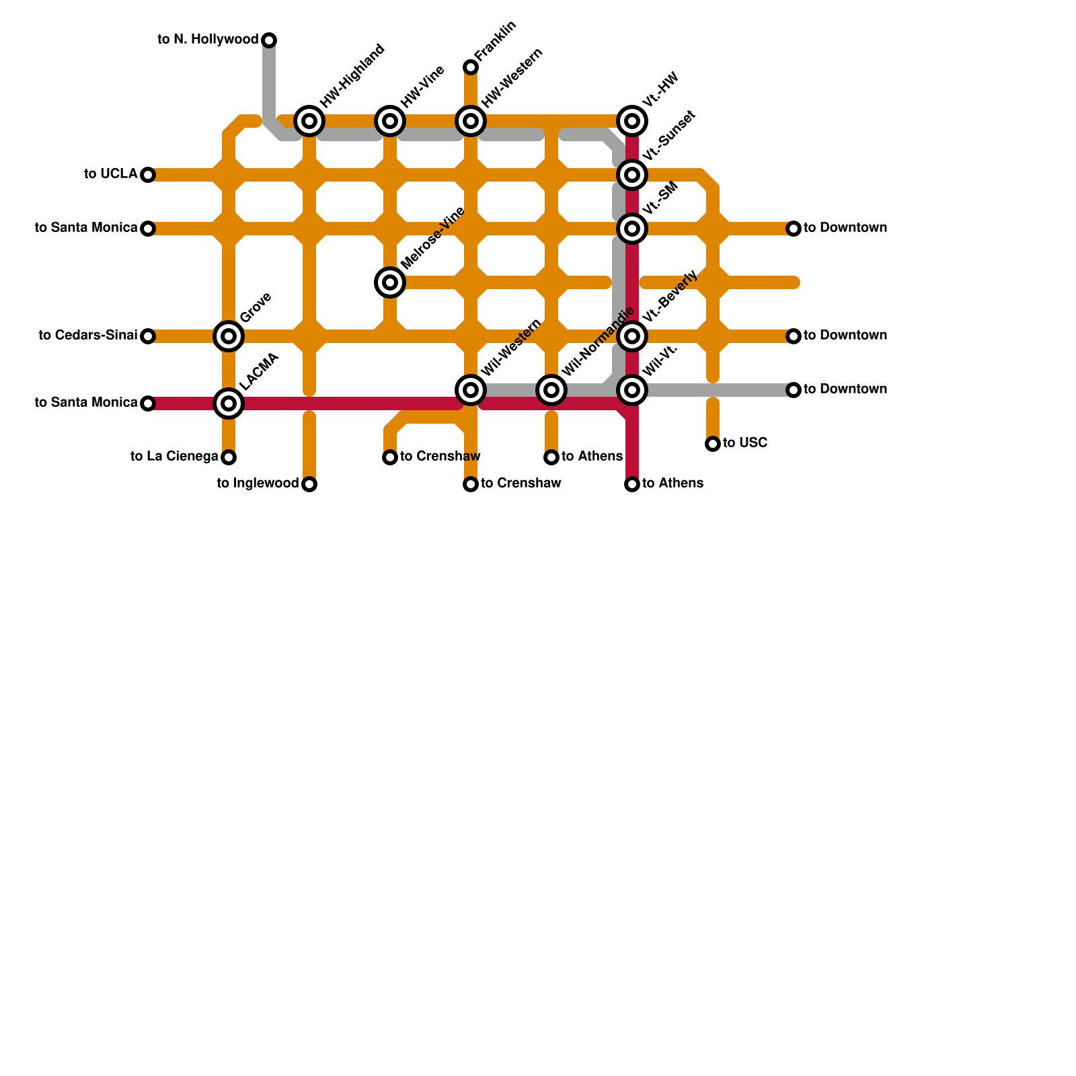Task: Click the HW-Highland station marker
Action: coord(309,121)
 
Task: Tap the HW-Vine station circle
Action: coord(390,121)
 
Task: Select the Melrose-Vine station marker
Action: coord(390,282)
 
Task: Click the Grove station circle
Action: coord(229,336)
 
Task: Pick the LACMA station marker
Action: coord(229,403)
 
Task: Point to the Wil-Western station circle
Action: coord(471,389)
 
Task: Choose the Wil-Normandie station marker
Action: coord(551,389)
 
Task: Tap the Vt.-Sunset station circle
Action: coord(632,175)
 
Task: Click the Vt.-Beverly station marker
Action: coord(632,336)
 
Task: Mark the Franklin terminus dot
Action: coord(471,67)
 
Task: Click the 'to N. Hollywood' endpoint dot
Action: coord(269,40)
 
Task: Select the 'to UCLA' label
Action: coord(111,174)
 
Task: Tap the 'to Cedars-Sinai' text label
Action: coord(88,335)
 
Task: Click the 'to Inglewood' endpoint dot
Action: coord(309,484)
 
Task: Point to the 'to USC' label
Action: coord(745,443)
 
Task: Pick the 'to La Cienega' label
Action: coord(174,457)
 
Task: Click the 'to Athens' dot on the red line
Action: coord(632,484)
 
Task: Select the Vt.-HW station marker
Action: coord(632,121)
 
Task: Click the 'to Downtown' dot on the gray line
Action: coord(794,390)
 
